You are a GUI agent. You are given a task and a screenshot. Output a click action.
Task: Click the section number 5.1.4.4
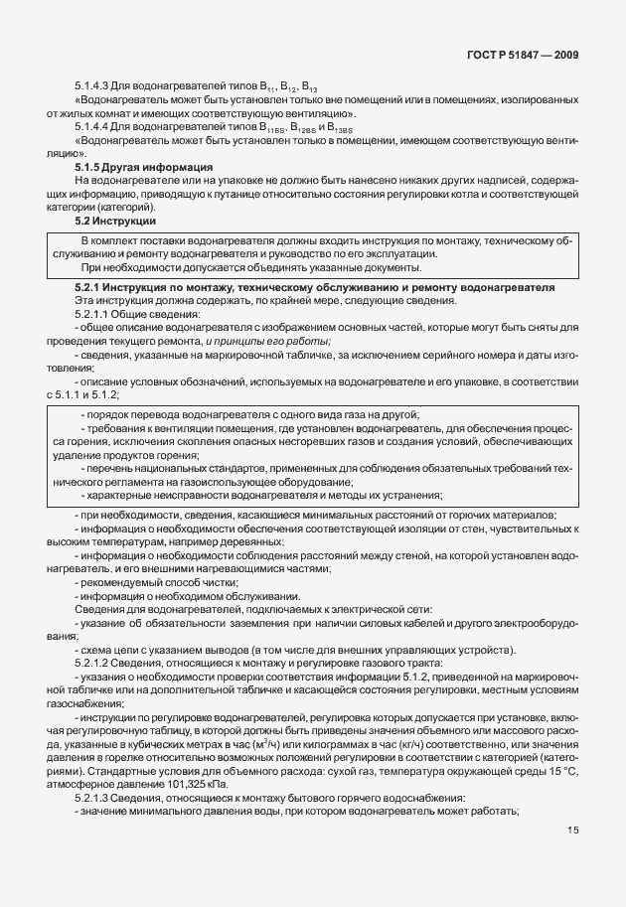point(94,127)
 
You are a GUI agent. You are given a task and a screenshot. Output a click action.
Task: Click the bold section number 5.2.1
point(90,287)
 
